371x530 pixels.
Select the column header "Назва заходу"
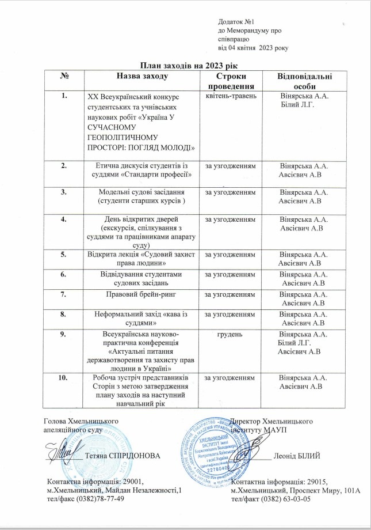point(142,76)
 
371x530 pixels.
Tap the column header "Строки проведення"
point(228,81)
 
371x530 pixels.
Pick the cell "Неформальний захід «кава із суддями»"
point(141,318)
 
